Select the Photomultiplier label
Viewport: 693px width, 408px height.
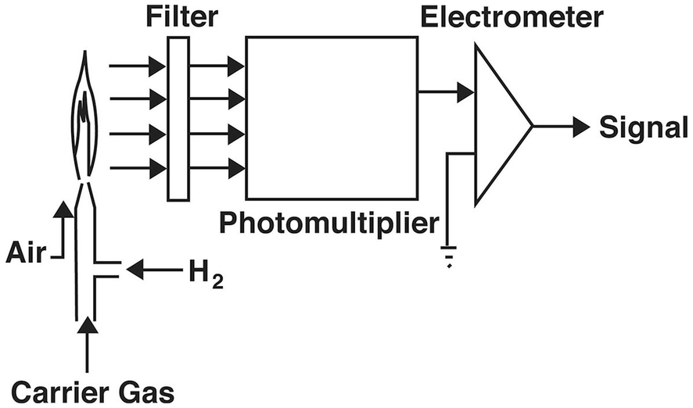[328, 224]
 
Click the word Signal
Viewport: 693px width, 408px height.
[643, 127]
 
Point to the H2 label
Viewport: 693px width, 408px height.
[206, 274]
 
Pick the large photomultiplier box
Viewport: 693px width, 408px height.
[331, 117]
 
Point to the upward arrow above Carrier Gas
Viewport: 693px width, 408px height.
[88, 344]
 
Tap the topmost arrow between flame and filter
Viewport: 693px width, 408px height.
[137, 66]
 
